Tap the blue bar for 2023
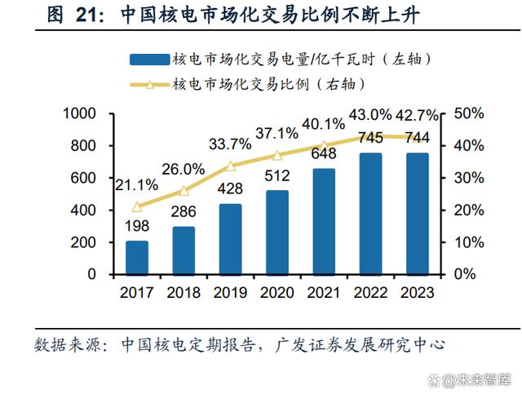click(417, 213)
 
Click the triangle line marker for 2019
click(231, 166)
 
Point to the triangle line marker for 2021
click(324, 145)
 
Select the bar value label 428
click(231, 188)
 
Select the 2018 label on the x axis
click(184, 292)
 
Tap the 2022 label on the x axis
click(370, 292)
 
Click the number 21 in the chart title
click(78, 16)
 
